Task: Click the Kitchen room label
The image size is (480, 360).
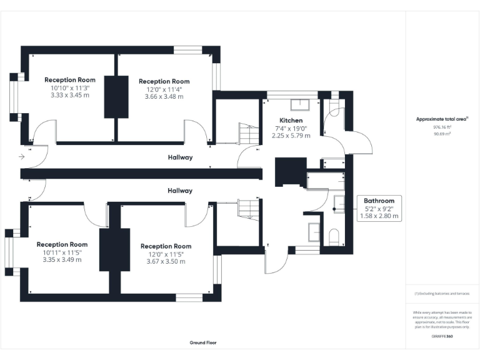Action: tap(291, 120)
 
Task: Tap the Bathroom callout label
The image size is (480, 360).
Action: tap(379, 201)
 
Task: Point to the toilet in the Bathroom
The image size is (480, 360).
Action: tap(333, 236)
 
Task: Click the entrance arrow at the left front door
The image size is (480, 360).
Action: tap(22, 156)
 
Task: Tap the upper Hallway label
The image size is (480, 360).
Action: tap(180, 157)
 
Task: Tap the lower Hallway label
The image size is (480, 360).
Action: tap(180, 191)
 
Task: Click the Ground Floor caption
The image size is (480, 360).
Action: tap(203, 343)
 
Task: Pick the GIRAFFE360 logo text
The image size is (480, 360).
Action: tap(442, 336)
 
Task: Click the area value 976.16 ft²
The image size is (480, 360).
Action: tap(442, 127)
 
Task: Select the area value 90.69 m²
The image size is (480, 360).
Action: tap(442, 134)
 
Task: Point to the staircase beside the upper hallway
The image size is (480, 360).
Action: tap(248, 133)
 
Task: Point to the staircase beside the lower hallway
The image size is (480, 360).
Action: tap(247, 208)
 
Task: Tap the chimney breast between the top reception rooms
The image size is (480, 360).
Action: tap(114, 97)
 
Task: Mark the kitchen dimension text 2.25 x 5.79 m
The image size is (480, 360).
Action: tap(291, 136)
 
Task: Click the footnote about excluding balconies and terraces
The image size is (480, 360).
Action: tap(442, 293)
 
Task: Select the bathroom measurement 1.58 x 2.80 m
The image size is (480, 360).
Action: tap(379, 216)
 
